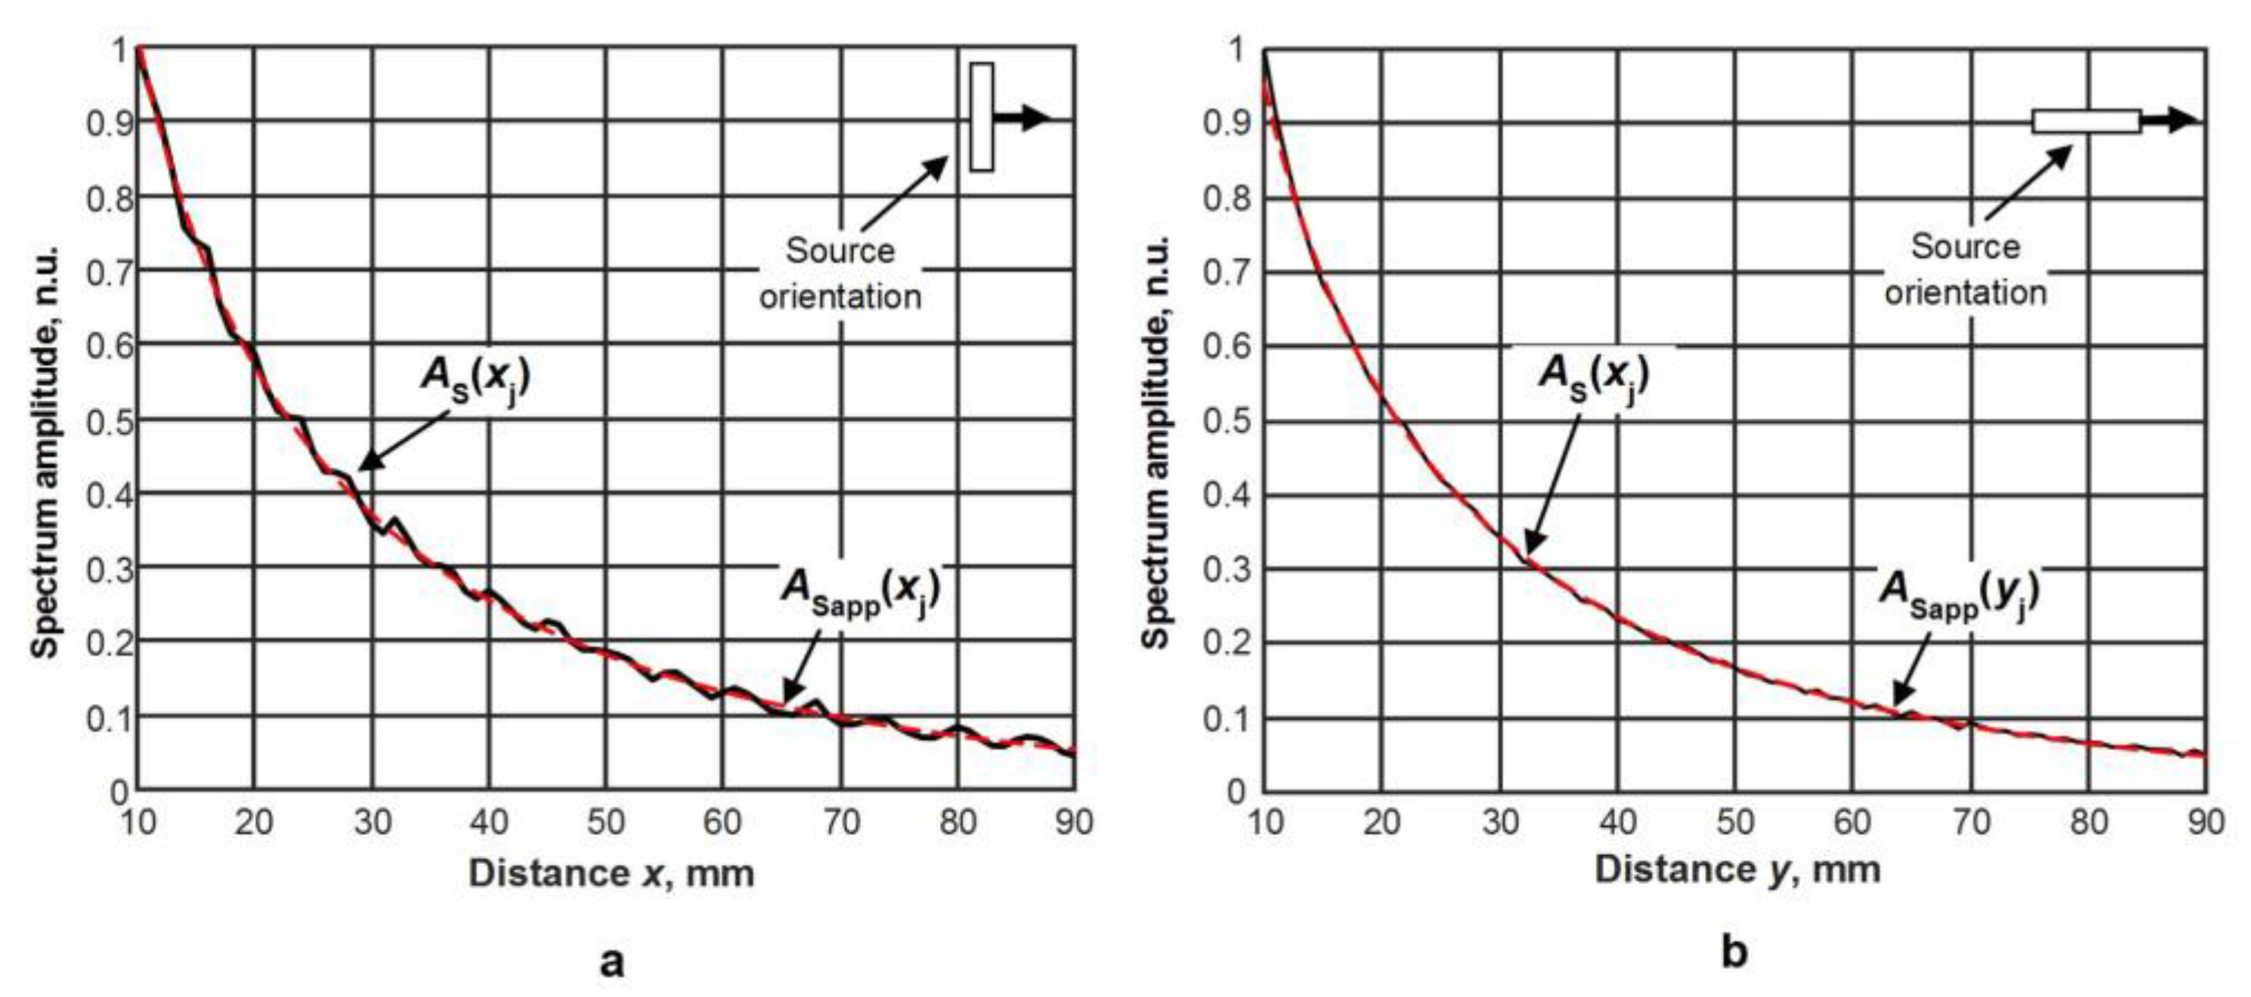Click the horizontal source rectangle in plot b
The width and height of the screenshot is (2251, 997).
point(2086,120)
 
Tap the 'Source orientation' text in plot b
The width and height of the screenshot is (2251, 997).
point(1965,269)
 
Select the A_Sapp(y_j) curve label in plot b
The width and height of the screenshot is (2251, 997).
point(1958,594)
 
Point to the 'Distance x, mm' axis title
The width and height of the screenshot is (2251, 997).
point(611,873)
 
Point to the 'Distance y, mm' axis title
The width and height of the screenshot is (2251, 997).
point(1737,869)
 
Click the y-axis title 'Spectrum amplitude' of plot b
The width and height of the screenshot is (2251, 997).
point(1155,442)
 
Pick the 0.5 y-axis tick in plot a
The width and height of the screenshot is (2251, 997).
point(109,420)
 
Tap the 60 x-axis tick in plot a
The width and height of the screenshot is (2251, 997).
point(722,822)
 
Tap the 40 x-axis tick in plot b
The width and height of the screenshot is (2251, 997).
point(1617,822)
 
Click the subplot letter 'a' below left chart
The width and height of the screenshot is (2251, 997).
point(611,961)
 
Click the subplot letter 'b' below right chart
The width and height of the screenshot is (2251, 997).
point(1735,951)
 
